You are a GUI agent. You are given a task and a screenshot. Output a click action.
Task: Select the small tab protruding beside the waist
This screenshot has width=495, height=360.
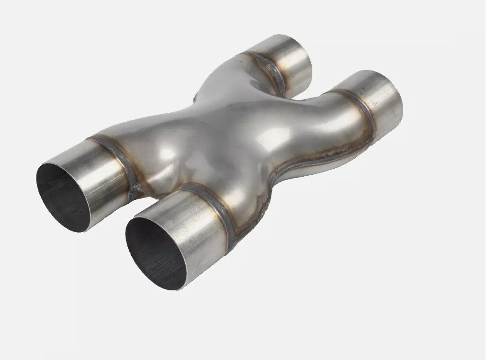[195, 99]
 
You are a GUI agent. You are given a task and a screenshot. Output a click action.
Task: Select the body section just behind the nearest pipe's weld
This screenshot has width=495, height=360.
[246, 199]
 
